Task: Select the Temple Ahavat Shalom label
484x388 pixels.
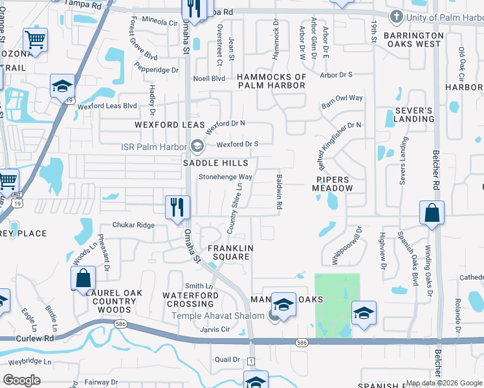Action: (x=218, y=316)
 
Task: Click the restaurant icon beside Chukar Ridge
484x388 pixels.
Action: (x=177, y=208)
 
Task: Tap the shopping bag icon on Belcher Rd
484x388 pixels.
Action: (x=432, y=213)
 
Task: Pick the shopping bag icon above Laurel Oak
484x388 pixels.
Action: (x=83, y=279)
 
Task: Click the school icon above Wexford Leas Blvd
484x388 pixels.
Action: (x=63, y=87)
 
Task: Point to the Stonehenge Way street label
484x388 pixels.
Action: (x=225, y=177)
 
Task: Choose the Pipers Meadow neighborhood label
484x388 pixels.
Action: (x=334, y=184)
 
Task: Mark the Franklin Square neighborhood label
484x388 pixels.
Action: (x=228, y=252)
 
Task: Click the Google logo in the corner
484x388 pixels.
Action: (x=22, y=380)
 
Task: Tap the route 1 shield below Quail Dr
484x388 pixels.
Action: (x=251, y=360)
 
